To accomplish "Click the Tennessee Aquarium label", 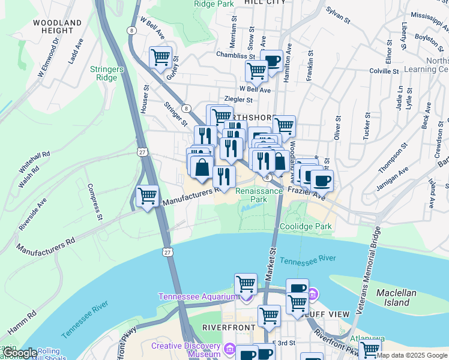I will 198,297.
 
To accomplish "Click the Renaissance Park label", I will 259,194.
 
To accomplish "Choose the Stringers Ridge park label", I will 107,73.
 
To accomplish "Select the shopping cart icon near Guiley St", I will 161,58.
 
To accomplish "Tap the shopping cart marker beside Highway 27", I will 148,196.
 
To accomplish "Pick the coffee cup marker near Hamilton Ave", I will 272,61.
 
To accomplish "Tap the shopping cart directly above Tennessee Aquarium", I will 246,283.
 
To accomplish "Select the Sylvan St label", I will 338,15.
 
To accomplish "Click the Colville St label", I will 384,71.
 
